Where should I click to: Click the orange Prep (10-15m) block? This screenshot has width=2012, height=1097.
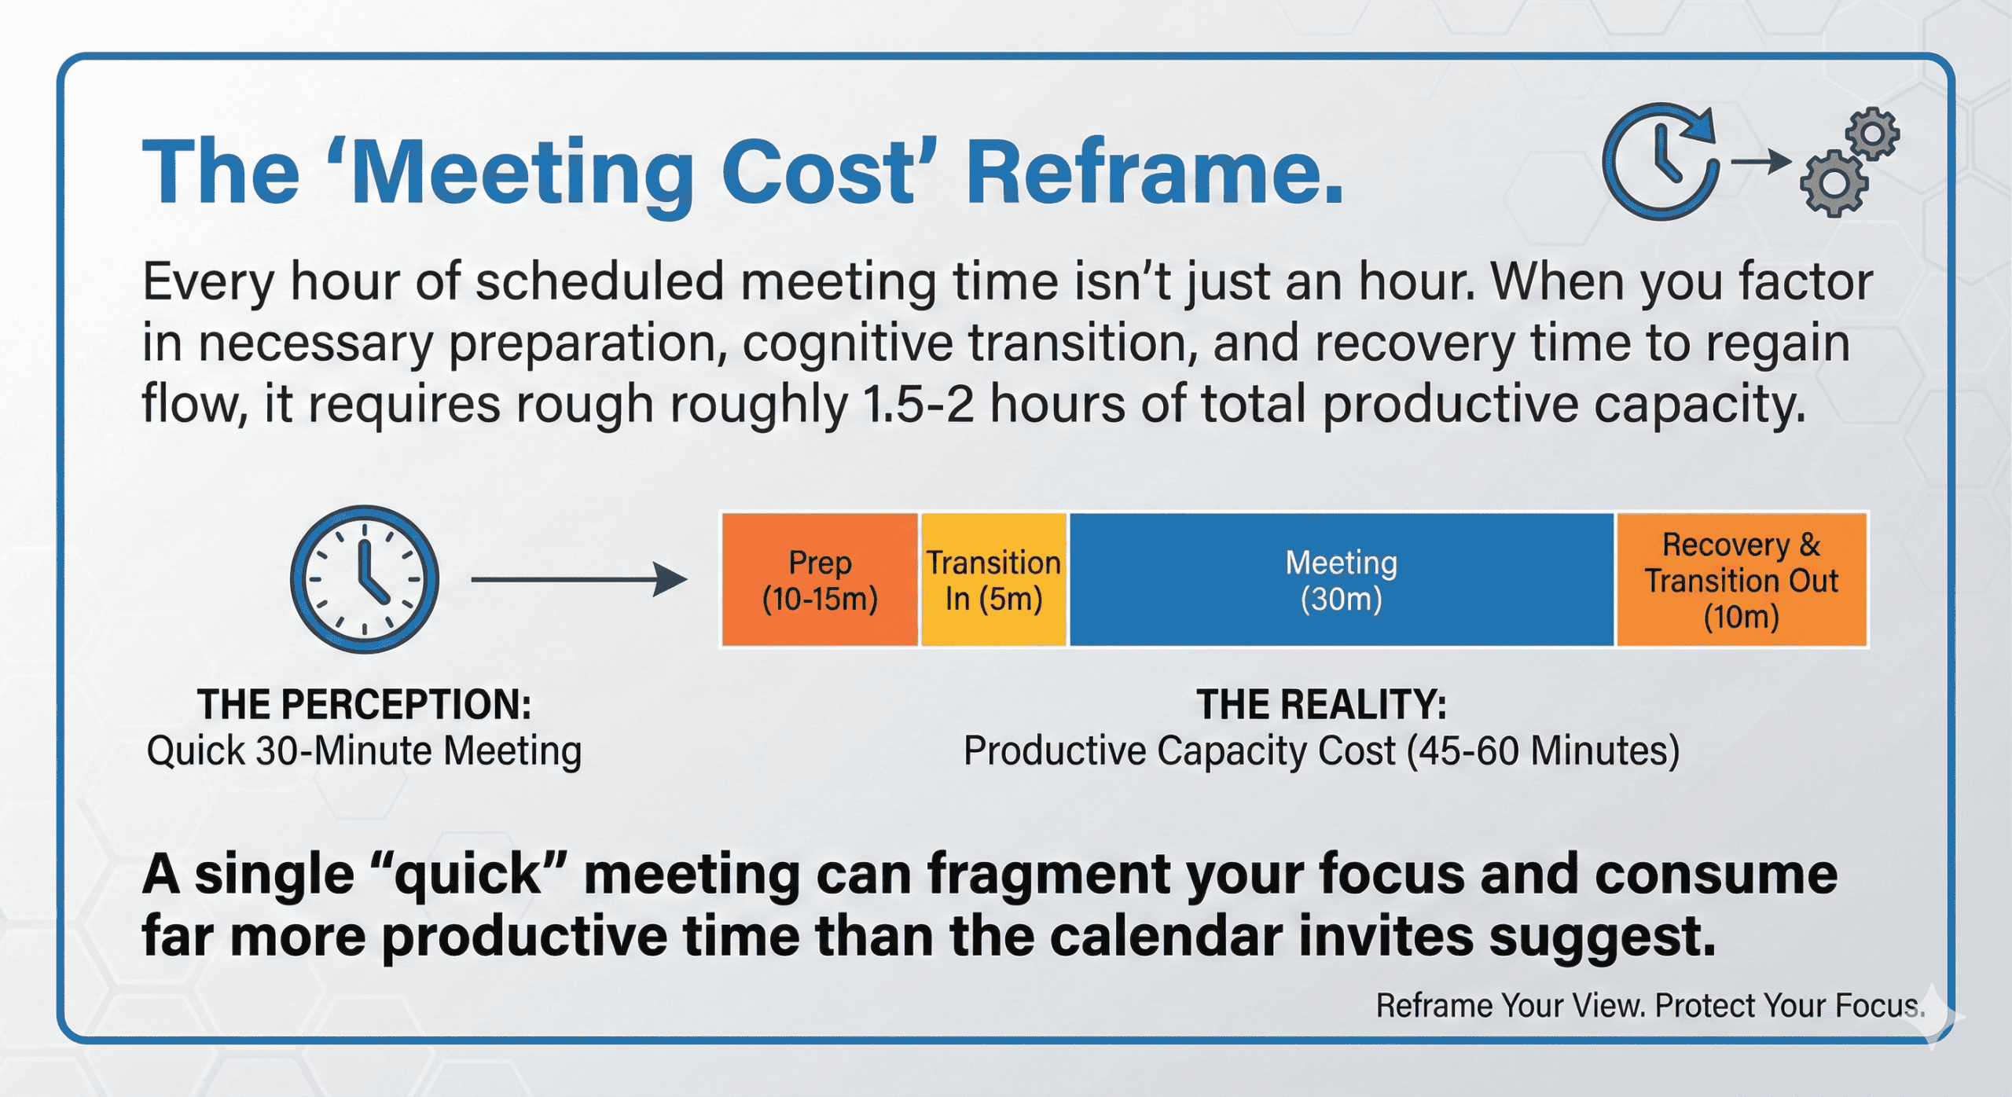coord(820,580)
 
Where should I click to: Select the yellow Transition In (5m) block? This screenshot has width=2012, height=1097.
coord(993,580)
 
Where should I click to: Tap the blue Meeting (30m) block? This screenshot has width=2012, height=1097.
coord(1341,580)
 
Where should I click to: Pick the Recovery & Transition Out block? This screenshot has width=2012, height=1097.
coord(1741,580)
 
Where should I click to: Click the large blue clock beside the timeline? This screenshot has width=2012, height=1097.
coord(365,579)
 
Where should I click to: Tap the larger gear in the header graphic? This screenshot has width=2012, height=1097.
coord(1834,183)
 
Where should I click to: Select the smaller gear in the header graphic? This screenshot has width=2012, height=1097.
coord(1874,134)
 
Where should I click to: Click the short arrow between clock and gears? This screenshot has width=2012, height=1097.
coord(1760,162)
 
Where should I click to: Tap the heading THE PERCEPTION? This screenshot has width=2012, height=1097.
coord(364,704)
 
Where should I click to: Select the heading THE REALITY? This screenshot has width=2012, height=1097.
coord(1321,704)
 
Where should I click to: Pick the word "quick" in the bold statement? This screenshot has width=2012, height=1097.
coord(468,875)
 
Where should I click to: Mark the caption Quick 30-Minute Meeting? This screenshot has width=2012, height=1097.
coord(364,750)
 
